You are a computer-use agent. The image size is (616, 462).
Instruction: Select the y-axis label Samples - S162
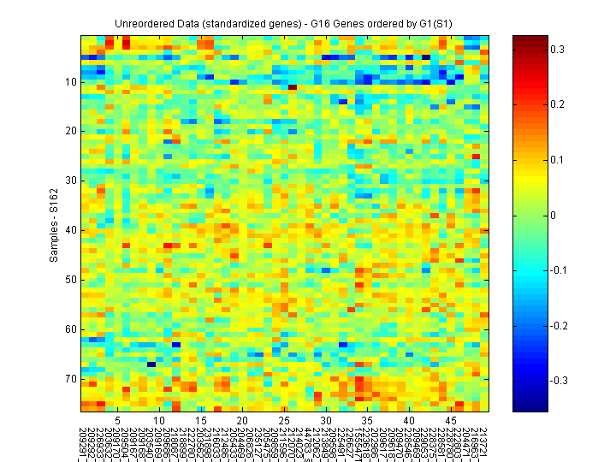(55, 222)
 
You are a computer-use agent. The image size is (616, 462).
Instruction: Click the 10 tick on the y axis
(70, 82)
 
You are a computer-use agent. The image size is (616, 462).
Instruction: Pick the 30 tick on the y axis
(70, 181)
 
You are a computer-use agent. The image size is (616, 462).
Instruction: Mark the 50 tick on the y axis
(70, 280)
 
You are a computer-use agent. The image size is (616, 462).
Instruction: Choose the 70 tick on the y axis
(70, 378)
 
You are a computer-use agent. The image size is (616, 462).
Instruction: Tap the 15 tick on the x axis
(201, 421)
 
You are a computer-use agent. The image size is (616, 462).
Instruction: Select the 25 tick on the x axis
(284, 421)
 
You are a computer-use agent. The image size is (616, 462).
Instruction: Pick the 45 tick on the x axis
(450, 421)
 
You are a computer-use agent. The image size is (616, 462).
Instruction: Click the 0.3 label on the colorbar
(557, 50)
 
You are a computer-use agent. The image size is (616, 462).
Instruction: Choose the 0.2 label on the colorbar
(557, 104)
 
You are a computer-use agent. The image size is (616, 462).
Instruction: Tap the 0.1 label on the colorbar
(557, 160)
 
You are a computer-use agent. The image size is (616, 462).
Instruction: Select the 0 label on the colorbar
(553, 215)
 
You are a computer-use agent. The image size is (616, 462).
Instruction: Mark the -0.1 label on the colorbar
(559, 270)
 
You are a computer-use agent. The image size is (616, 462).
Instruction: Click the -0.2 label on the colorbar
(559, 326)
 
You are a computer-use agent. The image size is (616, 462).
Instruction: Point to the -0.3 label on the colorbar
(559, 381)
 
